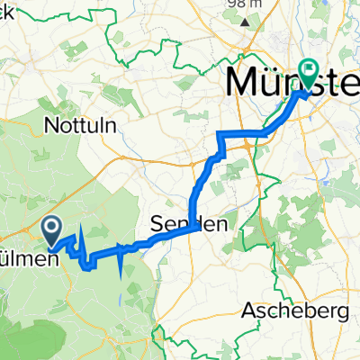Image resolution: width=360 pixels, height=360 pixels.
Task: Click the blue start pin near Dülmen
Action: point(53,229)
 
